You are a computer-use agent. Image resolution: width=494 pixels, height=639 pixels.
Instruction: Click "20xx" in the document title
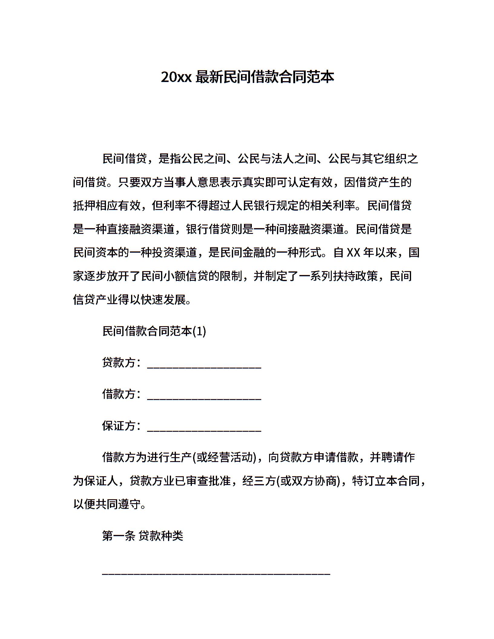[176, 77]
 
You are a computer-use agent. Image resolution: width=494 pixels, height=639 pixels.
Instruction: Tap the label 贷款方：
[121, 362]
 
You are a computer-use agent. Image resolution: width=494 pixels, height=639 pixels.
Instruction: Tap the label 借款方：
[121, 394]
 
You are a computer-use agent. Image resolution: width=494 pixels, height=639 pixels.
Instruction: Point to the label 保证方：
[121, 426]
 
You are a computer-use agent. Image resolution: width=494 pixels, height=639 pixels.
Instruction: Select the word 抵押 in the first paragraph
[84, 206]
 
